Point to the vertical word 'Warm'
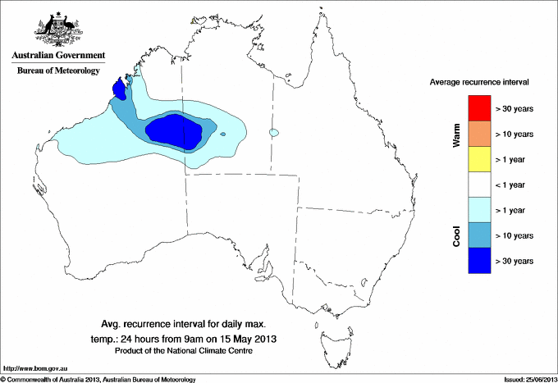[457, 135]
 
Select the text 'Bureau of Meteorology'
[58, 71]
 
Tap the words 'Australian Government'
[58, 56]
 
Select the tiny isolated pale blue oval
[274, 132]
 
